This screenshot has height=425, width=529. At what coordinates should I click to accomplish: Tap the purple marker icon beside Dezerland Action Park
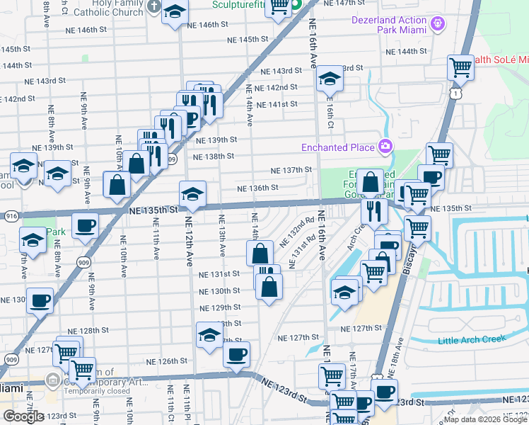pyautogui.click(x=438, y=24)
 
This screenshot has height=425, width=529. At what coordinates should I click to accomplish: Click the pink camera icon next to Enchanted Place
pyautogui.click(x=385, y=147)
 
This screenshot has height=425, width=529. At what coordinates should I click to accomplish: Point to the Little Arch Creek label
pyautogui.click(x=472, y=339)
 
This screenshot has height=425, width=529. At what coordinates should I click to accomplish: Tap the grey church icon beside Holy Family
pyautogui.click(x=154, y=6)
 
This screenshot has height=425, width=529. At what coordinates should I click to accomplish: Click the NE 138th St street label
pyautogui.click(x=213, y=157)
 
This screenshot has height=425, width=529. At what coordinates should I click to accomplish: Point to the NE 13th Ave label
pyautogui.click(x=221, y=235)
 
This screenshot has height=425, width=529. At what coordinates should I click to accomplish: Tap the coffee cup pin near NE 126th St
pyautogui.click(x=237, y=353)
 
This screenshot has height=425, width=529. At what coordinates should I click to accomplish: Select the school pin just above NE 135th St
pyautogui.click(x=192, y=193)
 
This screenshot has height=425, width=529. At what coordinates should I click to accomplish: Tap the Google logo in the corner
pyautogui.click(x=23, y=416)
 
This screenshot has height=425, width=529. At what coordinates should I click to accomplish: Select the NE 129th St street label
pyautogui.click(x=221, y=307)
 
